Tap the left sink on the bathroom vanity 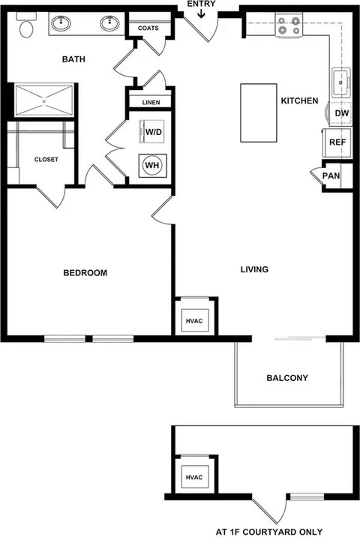coord(61,23)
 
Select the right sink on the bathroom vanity coord(110,23)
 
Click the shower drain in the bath coord(43,101)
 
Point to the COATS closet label coord(148,28)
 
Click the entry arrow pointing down coord(201,13)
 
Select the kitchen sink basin coord(340,82)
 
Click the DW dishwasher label coord(341,113)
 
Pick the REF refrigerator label coord(337,142)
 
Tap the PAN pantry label coord(331,175)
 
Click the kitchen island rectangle coord(259,112)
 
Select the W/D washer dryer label coord(154,132)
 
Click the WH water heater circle coord(152,166)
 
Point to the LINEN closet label coord(151,103)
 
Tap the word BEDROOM coord(85,273)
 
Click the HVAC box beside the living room coord(194,320)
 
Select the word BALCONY coord(287,378)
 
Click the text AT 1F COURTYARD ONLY coord(269,532)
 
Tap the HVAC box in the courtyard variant coord(194,477)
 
